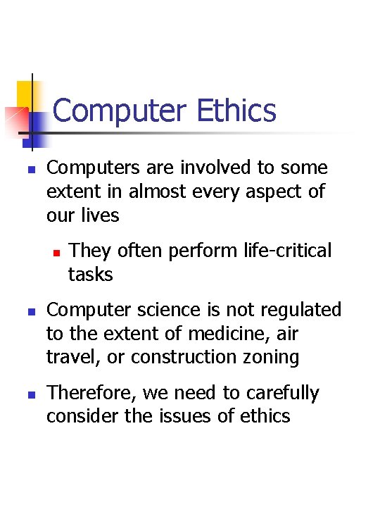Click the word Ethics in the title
pos(237,111)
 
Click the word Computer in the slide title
pos(120,111)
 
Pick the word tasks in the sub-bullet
pos(90,274)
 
